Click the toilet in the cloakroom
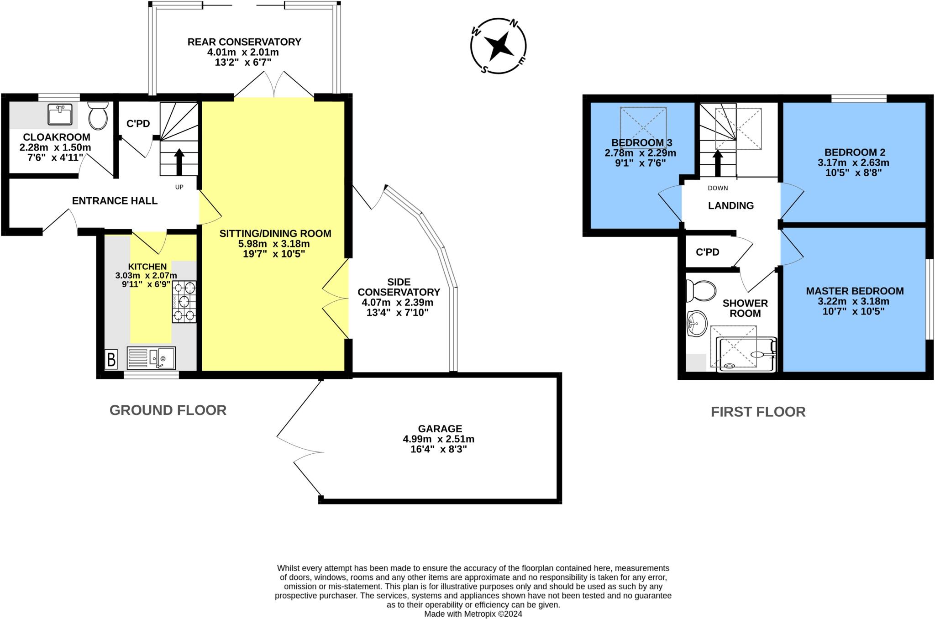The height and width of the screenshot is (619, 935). (x=98, y=115)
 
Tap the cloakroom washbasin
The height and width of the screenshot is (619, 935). (x=60, y=114)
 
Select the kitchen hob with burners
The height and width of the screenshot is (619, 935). (x=184, y=302)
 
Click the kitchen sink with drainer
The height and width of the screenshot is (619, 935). (x=151, y=358)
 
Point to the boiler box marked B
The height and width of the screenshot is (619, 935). (x=111, y=359)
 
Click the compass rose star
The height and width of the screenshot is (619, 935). (x=499, y=46)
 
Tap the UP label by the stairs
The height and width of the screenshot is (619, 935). (x=179, y=187)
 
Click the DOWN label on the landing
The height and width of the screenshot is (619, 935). (x=718, y=188)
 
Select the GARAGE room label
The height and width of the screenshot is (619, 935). (x=440, y=429)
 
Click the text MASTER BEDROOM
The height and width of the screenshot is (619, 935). (x=855, y=291)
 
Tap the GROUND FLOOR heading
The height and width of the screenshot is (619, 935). (x=168, y=410)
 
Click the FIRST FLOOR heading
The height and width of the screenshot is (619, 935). (x=758, y=412)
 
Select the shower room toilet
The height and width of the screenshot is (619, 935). (x=701, y=291)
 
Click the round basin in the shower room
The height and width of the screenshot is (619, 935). (x=696, y=324)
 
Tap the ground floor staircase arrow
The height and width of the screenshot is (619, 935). (x=179, y=162)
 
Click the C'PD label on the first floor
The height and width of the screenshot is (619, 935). (x=707, y=252)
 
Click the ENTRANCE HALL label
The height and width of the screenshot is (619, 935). (x=115, y=201)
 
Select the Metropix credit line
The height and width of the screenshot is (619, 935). (x=473, y=614)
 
